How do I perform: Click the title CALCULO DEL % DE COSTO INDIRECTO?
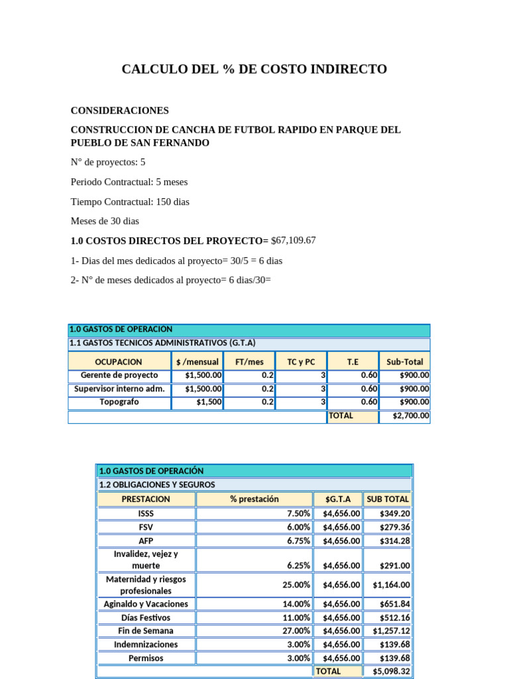click(x=254, y=70)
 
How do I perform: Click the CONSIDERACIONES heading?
click(x=119, y=111)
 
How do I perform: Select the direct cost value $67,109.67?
click(x=294, y=240)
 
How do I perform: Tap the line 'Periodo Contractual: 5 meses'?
click(x=133, y=182)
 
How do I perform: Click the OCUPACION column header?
click(x=119, y=362)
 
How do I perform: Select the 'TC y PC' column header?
click(x=301, y=362)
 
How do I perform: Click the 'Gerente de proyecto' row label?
click(x=119, y=375)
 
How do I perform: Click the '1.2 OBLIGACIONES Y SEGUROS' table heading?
click(x=157, y=485)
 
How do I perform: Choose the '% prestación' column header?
click(x=254, y=499)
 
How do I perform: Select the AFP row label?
click(x=146, y=541)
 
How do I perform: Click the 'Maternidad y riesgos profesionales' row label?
click(x=146, y=585)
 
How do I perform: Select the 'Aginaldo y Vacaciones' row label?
click(x=146, y=604)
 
